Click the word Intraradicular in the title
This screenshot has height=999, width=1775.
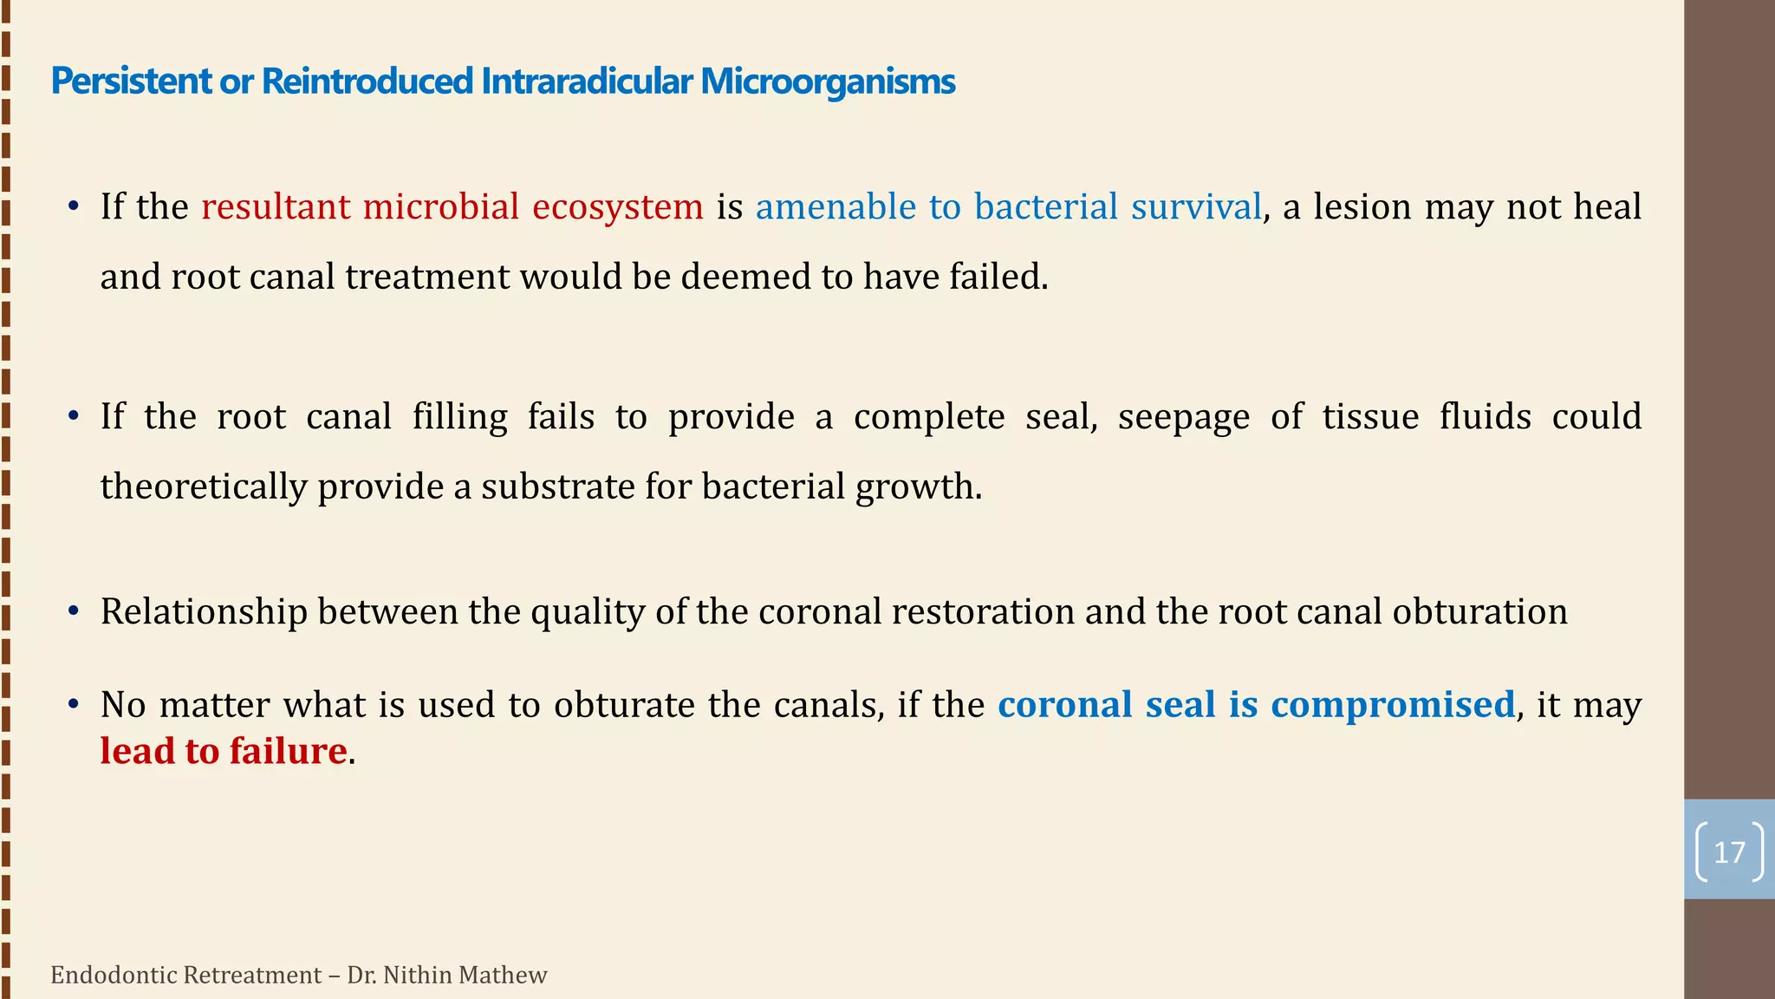coord(587,82)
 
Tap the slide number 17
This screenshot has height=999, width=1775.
coord(1729,852)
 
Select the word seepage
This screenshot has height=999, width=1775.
coord(1184,417)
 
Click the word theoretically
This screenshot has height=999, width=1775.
coord(204,486)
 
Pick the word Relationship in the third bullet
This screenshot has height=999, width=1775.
coord(204,612)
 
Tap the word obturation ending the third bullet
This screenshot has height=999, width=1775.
coord(1479,612)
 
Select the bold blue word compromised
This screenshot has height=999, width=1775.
coord(1393,704)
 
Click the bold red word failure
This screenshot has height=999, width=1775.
coord(288,751)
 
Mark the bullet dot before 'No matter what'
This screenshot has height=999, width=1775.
coord(75,704)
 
